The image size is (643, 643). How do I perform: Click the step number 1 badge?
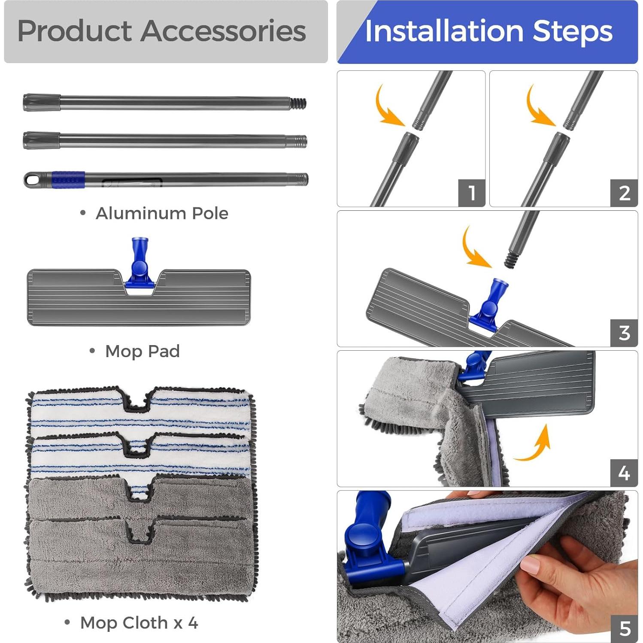point(471,193)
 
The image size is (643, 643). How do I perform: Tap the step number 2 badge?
point(624,193)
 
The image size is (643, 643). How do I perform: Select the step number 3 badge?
point(624,333)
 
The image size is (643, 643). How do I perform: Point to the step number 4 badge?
point(624,473)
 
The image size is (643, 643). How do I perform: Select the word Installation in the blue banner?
point(444,31)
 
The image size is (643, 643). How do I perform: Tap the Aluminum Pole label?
point(162,213)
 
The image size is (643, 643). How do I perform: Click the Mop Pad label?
point(142,351)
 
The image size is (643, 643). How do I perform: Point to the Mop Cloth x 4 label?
point(139,623)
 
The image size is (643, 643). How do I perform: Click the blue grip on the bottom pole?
point(68,179)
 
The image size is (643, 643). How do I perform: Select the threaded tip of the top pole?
point(299,103)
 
